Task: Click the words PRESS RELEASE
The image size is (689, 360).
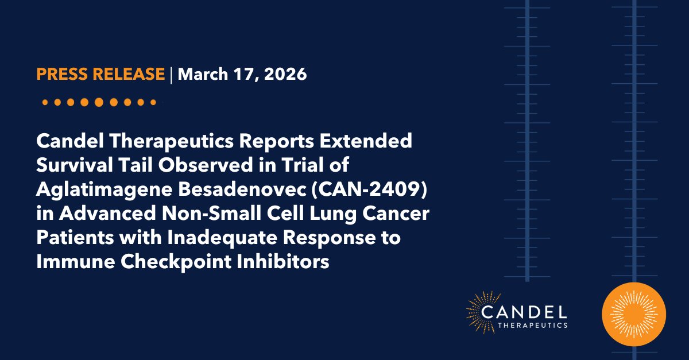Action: [100, 75]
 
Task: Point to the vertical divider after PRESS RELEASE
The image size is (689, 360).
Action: [171, 75]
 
